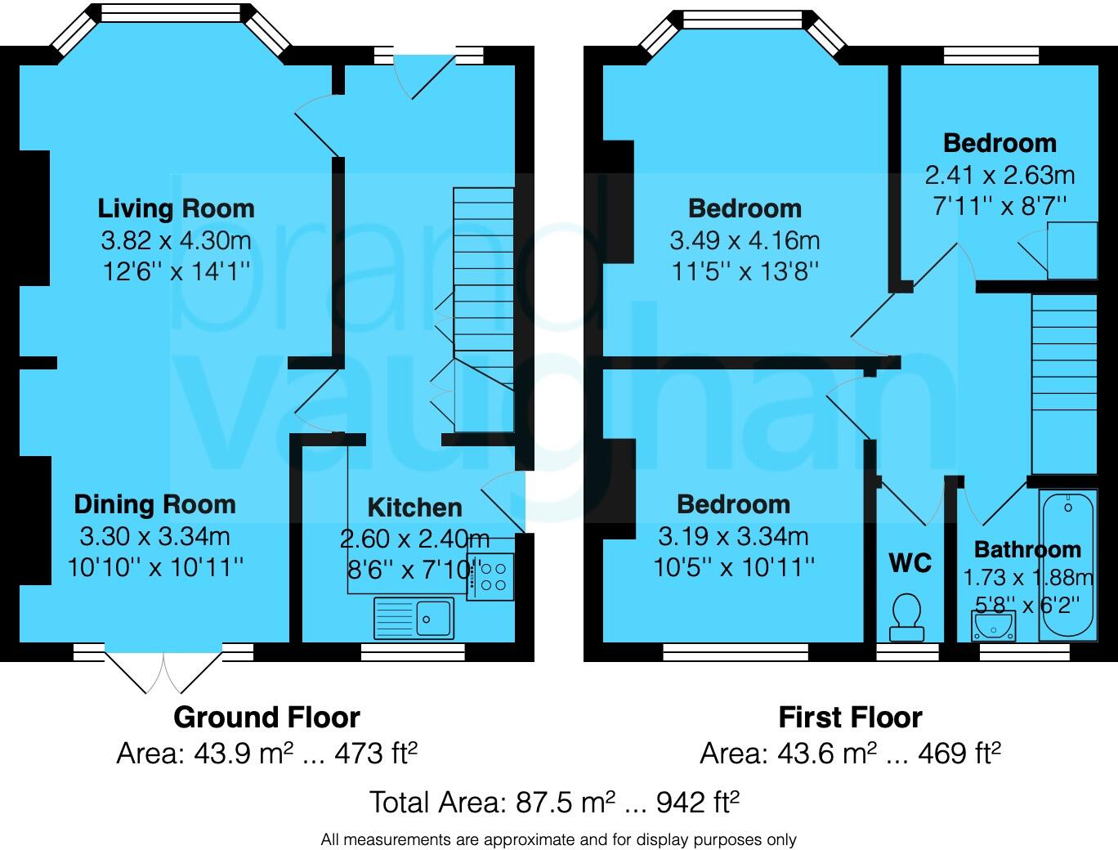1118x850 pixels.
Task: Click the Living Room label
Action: click(176, 208)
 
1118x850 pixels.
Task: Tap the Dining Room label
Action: click(154, 504)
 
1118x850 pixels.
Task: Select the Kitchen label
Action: click(414, 508)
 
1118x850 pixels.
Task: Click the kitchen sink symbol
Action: click(414, 618)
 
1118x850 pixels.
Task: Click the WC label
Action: click(910, 563)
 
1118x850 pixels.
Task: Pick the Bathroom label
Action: click(1026, 549)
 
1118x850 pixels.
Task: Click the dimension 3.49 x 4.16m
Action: click(745, 240)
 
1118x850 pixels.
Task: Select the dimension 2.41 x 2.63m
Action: click(999, 175)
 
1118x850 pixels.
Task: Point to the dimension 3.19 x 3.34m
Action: click(733, 537)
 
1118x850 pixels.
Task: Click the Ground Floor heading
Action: click(266, 718)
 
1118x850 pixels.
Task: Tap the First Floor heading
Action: click(850, 718)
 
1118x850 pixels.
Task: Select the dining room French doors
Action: click(163, 670)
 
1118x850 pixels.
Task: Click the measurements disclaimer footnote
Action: click(558, 839)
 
